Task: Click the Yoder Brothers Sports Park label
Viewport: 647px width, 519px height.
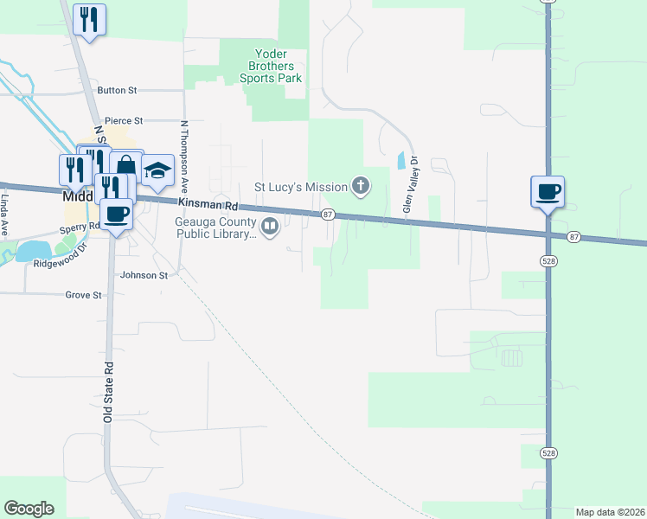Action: (271, 66)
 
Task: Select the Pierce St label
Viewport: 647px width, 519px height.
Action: (123, 121)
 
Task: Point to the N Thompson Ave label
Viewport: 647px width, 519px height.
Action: (184, 155)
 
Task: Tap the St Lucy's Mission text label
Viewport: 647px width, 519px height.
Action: (299, 186)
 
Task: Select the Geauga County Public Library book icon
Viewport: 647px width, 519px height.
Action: (270, 227)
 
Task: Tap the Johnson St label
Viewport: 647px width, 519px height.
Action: (144, 276)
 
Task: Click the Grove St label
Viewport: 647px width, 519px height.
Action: (83, 295)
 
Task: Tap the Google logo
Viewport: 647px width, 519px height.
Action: (29, 509)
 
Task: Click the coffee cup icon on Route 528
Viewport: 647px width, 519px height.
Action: (548, 191)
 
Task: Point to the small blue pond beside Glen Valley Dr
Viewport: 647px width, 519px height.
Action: (400, 160)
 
